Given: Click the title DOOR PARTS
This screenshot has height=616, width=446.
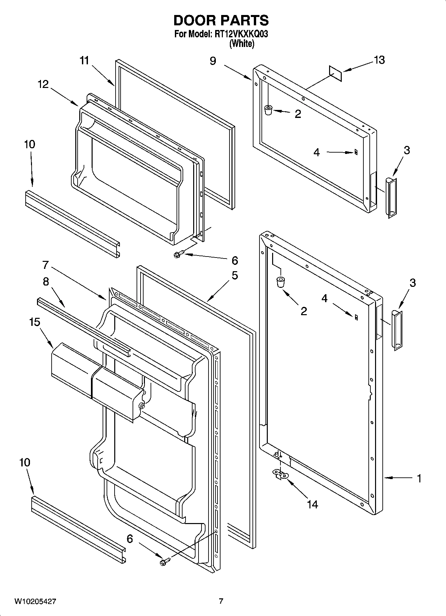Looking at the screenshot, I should [221, 21].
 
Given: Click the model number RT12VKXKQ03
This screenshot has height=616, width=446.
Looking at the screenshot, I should [240, 34].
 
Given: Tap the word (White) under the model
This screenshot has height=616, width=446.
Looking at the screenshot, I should [242, 44].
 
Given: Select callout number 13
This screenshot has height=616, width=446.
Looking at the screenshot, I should [379, 60].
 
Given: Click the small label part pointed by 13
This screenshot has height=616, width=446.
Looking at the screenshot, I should [335, 73].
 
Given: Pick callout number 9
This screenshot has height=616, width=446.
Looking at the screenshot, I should [213, 61].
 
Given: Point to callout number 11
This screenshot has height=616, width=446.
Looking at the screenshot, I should [85, 61].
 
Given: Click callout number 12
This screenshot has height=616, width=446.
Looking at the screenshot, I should [43, 84].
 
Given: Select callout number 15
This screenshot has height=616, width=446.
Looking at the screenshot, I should [35, 322].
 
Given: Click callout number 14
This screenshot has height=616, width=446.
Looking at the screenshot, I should [312, 504].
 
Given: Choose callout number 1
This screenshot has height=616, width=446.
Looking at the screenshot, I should [419, 478].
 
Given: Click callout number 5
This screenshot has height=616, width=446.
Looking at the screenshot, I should [235, 276].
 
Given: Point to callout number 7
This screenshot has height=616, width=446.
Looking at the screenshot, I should [46, 265].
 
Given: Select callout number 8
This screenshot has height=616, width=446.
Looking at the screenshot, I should [46, 282].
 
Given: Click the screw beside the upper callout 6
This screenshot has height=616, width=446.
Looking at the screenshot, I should [177, 255].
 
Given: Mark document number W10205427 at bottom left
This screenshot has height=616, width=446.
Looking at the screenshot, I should [35, 601].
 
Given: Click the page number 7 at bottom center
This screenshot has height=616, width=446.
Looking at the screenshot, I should [221, 601].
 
